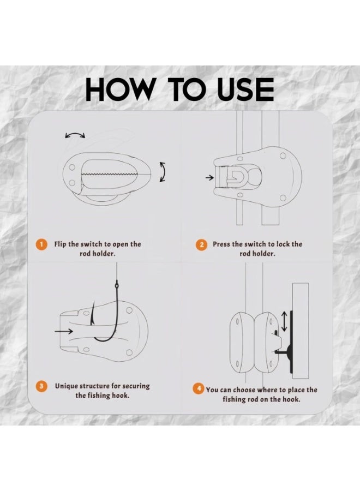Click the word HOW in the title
pos(119,89)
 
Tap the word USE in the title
pos(245,89)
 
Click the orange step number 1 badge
pos(41,244)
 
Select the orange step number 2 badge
pos(202,244)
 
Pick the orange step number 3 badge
pos(41,386)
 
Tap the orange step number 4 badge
pos(199,389)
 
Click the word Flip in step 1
pos(60,244)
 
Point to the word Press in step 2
pos(221,244)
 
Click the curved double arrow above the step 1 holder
pos(75,135)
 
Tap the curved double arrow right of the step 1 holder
pos(163,172)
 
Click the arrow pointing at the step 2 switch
pos(209,177)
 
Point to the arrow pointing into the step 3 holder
pos(64,331)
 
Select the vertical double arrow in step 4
pos(284,321)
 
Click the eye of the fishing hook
pos(117,285)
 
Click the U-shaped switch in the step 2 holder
pos(235,177)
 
